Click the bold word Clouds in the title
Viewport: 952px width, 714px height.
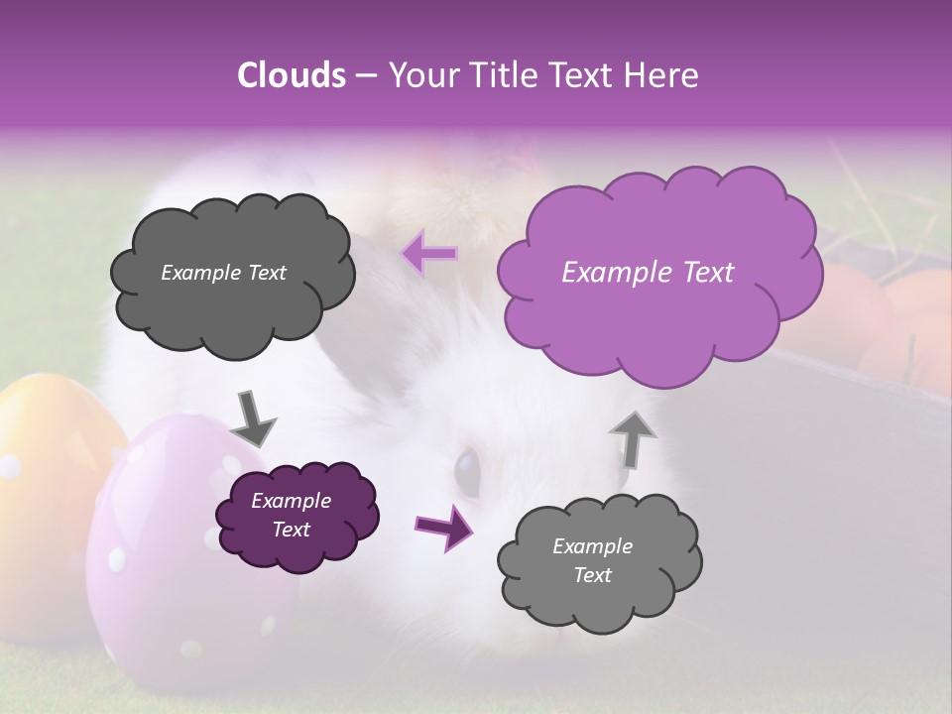click(292, 75)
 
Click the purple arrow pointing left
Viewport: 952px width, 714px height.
click(429, 254)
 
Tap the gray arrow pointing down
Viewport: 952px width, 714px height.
click(252, 418)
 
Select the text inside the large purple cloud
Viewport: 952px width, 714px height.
click(648, 273)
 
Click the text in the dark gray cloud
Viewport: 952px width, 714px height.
click(223, 273)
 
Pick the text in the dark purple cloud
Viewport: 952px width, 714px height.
click(291, 516)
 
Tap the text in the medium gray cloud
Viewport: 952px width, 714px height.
click(592, 560)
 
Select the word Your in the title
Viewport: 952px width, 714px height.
click(417, 75)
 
